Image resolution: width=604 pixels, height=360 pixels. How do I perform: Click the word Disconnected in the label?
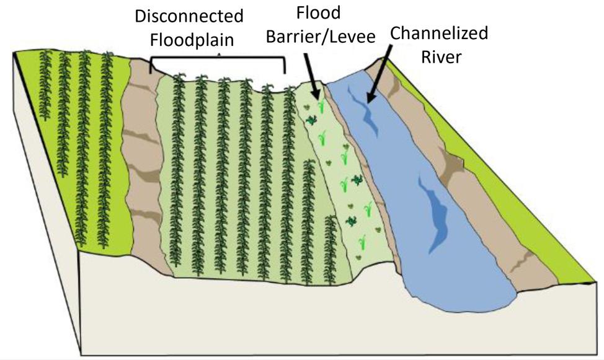[x=189, y=16]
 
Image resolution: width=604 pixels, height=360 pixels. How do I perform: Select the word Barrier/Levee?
[x=321, y=37]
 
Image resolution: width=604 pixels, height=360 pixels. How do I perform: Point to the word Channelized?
[x=438, y=33]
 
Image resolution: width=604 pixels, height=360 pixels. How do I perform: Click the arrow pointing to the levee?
[x=312, y=74]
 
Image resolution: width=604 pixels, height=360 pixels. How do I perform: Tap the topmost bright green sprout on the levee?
[x=321, y=107]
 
